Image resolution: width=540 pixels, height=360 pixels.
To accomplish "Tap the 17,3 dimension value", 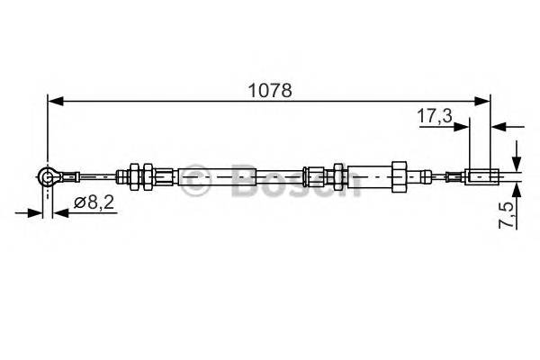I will point(435,116).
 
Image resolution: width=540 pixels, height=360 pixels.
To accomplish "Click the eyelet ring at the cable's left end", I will point(48,178).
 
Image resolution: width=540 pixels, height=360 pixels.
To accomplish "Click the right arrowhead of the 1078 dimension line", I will point(485,102).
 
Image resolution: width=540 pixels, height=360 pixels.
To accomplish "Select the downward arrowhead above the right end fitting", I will point(517,161).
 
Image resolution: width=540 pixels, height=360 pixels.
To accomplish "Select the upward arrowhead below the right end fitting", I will point(517,190).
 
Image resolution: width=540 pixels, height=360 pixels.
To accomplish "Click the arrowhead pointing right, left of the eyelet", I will point(37,213).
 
